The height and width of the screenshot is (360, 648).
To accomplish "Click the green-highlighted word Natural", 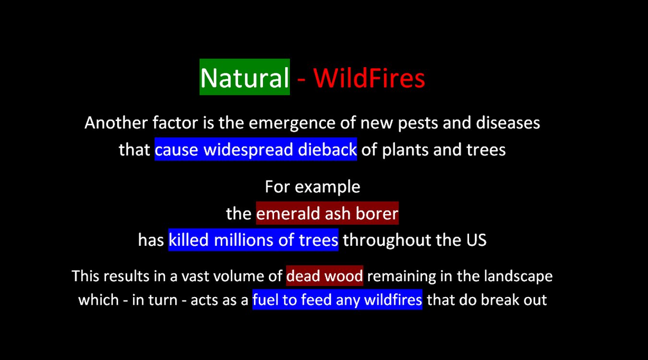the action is [244, 77].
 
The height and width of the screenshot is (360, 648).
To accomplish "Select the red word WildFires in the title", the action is [369, 78].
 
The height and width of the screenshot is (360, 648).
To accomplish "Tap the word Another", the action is [116, 123].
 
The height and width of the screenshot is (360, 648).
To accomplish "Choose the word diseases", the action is [508, 123].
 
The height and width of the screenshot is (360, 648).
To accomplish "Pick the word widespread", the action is [248, 150].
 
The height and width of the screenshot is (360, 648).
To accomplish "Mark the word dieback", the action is [327, 149].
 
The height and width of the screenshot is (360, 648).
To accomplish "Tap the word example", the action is [327, 187].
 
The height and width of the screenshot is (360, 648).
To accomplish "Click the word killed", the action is [189, 240].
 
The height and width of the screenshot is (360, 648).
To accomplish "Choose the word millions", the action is [243, 240].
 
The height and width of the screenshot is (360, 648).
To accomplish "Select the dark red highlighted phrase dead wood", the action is [324, 276].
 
